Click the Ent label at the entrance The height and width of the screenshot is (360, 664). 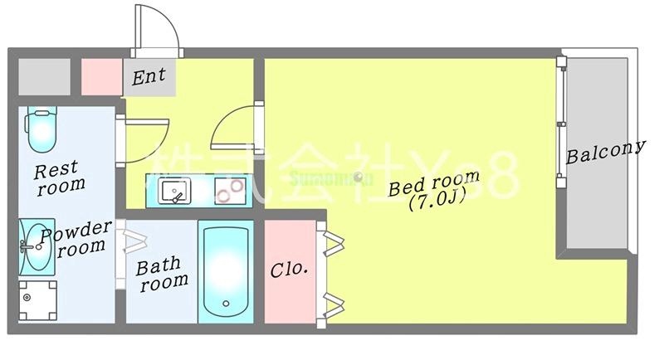click(x=149, y=77)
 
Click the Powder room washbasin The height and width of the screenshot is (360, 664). click(x=35, y=246)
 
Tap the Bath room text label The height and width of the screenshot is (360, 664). click(x=163, y=275)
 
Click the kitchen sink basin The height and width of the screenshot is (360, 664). click(x=173, y=192)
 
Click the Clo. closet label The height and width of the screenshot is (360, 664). click(x=290, y=270)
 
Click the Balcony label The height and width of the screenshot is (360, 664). click(x=605, y=153)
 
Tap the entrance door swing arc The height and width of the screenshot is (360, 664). click(x=158, y=29)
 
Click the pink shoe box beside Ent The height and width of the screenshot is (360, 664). click(x=102, y=76)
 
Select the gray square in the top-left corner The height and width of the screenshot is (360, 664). click(x=44, y=76)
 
